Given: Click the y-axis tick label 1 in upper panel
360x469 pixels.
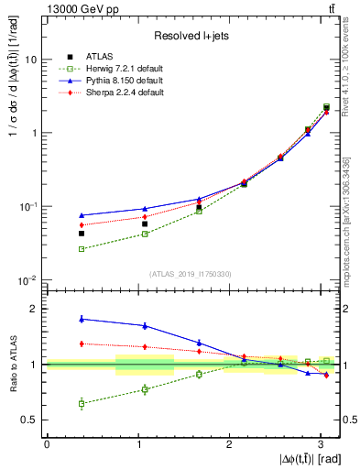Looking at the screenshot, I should (x=35, y=133).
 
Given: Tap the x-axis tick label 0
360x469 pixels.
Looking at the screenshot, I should (x=47, y=445).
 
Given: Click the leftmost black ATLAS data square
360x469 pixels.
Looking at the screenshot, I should (x=82, y=234).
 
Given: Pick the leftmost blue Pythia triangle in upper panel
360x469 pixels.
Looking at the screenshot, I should (x=82, y=215).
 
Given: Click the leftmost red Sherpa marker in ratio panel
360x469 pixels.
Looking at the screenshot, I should (x=82, y=344).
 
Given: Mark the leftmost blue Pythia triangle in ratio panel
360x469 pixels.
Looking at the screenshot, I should (x=82, y=319).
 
